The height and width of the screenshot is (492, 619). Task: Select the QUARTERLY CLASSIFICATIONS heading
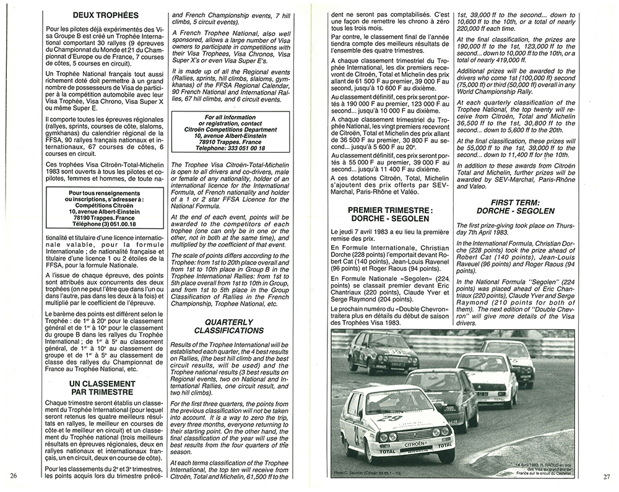coord(229,326)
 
